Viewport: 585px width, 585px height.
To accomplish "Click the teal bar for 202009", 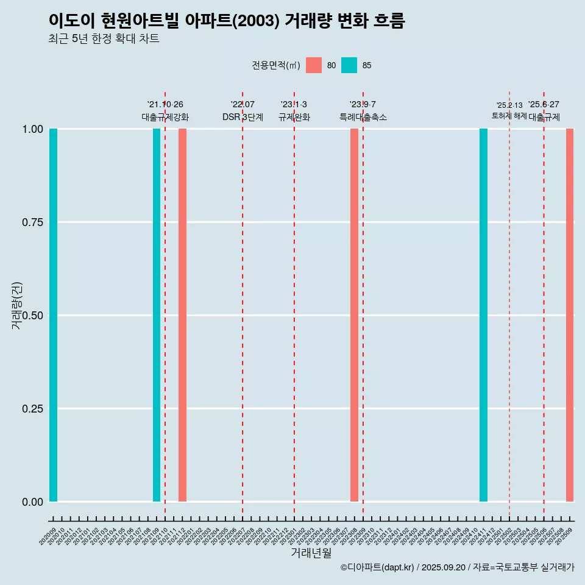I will [x=53, y=315].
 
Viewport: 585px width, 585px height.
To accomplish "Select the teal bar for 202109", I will [x=157, y=315].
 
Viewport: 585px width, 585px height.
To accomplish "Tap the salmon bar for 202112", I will [x=182, y=315].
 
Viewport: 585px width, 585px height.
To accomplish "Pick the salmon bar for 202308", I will [x=354, y=315].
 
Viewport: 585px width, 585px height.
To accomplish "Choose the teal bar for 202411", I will [x=483, y=315].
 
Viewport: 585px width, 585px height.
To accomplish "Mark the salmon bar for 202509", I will [x=570, y=315].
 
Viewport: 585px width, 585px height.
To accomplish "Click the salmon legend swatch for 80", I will [x=314, y=65].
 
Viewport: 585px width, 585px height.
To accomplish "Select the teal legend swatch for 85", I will [x=349, y=65].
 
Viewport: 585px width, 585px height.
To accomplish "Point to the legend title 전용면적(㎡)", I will [x=276, y=65].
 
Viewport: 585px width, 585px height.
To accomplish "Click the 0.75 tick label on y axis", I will [x=32, y=222].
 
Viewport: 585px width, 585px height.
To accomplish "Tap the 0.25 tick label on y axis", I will [x=32, y=409].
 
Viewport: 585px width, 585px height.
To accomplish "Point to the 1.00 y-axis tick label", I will [x=32, y=129].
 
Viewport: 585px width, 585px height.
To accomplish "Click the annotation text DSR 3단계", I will [x=243, y=117].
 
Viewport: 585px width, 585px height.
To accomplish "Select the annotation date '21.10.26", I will [x=165, y=104].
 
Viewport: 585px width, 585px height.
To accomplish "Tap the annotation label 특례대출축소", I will [x=363, y=117].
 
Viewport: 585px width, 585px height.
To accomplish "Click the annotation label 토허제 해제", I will [x=509, y=116].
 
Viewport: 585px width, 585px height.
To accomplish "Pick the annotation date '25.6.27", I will [x=544, y=104].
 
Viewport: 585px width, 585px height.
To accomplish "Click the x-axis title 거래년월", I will [x=311, y=553].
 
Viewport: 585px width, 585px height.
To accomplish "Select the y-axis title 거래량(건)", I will [x=16, y=306].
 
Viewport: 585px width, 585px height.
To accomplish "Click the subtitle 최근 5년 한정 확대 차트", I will [x=104, y=39].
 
